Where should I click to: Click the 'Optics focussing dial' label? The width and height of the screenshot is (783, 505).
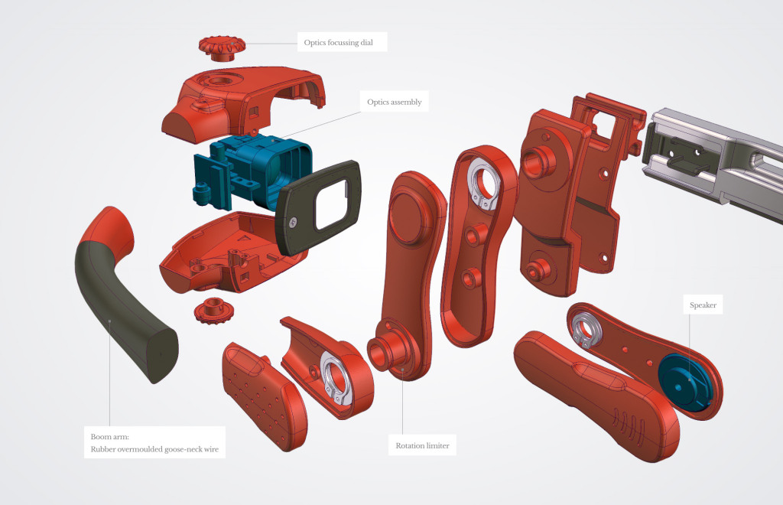(x=339, y=42)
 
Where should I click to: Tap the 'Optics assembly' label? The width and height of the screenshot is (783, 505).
(x=395, y=102)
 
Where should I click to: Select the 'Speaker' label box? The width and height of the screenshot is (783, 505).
(x=703, y=305)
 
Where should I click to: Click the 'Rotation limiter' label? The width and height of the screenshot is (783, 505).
(x=422, y=445)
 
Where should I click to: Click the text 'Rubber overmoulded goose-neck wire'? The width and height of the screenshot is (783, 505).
(x=154, y=449)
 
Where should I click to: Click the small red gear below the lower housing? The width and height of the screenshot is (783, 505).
(x=214, y=310)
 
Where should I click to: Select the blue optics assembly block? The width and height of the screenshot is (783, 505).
(x=252, y=172)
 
